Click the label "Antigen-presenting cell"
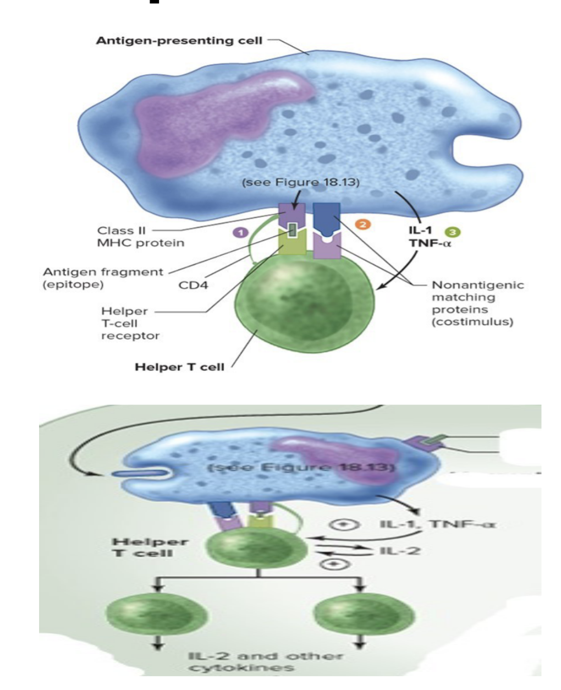(179, 41)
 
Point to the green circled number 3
(454, 232)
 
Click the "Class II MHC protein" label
(140, 237)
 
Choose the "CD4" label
(194, 285)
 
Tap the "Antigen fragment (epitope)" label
(103, 278)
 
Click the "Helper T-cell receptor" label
(130, 323)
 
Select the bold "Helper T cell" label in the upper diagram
(179, 367)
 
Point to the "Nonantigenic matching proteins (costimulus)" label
(477, 303)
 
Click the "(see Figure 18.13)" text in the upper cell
(301, 182)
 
